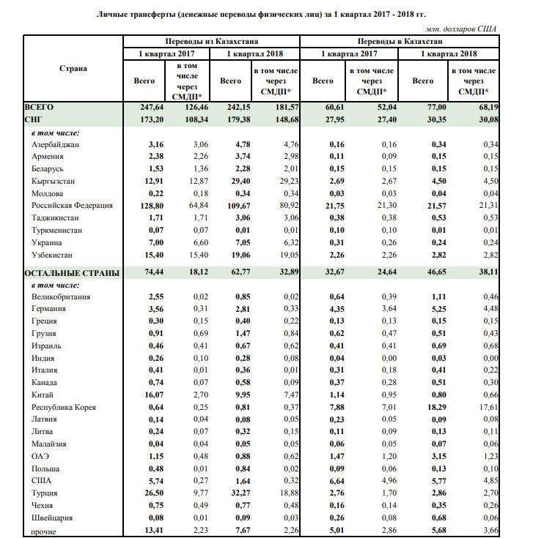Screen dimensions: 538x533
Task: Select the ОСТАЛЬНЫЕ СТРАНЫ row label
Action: point(72,272)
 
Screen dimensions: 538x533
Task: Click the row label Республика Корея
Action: point(68,406)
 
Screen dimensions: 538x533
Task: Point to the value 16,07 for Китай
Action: point(150,394)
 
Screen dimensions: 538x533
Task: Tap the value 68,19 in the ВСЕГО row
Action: point(488,107)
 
